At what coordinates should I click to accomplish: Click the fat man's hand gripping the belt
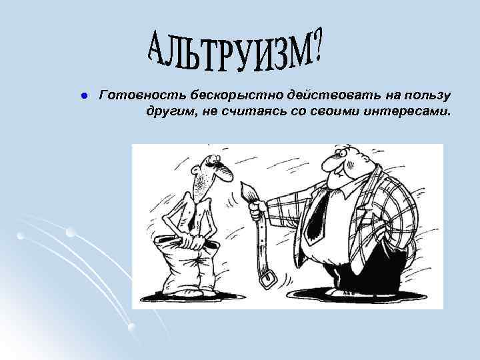(x=255, y=211)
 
